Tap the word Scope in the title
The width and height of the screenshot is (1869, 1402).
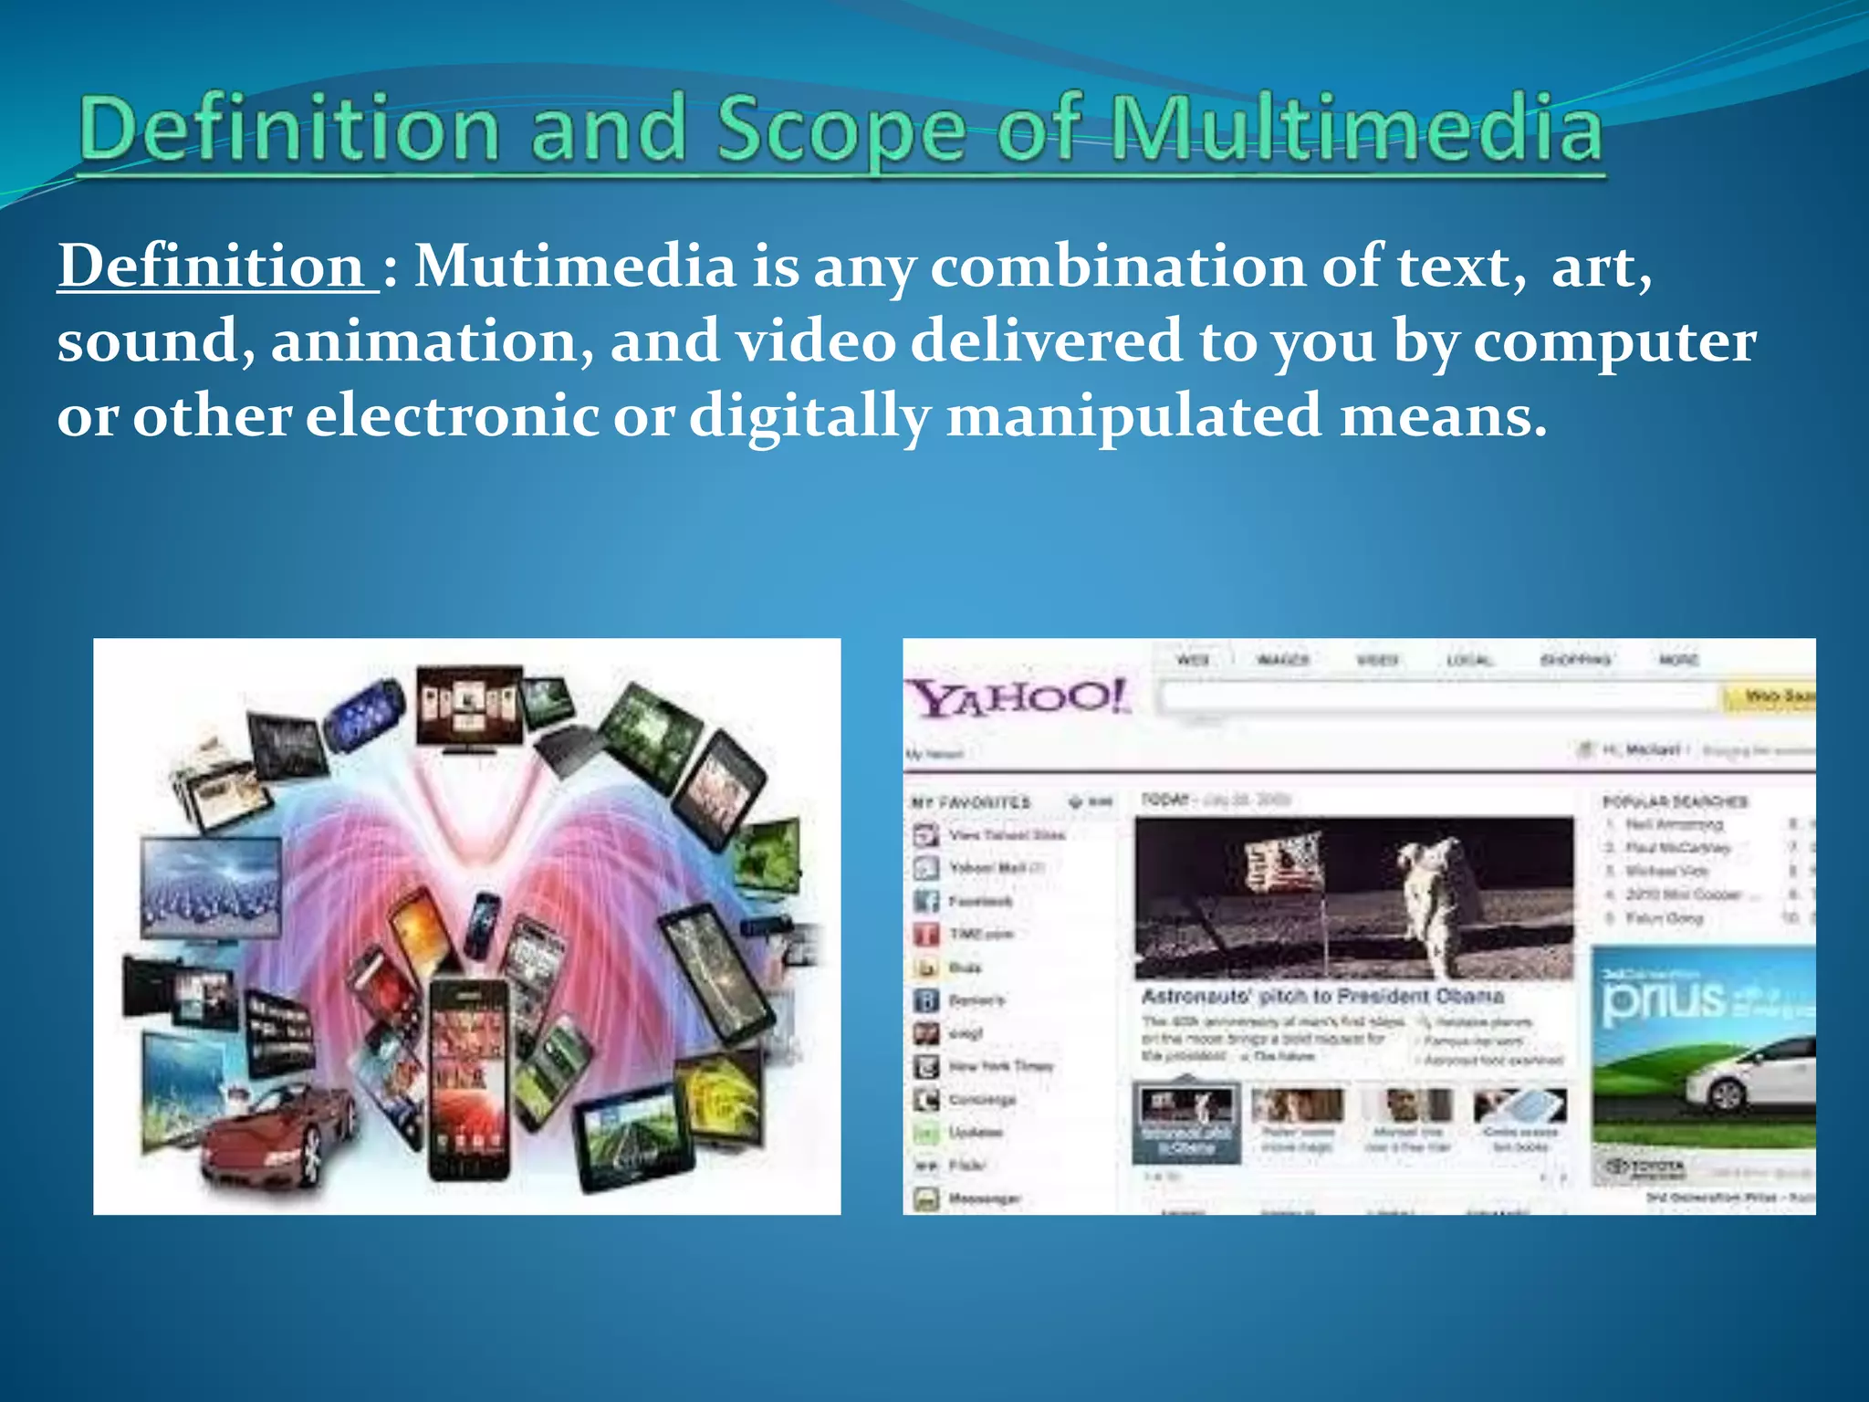pos(840,130)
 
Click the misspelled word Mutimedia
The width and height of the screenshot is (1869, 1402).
pos(575,267)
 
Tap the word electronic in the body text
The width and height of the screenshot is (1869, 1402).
pos(452,416)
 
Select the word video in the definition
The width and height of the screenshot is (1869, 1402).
pos(816,341)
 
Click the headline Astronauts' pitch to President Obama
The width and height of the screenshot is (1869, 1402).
pos(1321,996)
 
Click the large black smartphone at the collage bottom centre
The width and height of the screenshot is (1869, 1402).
pos(468,1077)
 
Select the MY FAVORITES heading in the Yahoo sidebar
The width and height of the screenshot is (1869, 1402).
pos(970,802)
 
